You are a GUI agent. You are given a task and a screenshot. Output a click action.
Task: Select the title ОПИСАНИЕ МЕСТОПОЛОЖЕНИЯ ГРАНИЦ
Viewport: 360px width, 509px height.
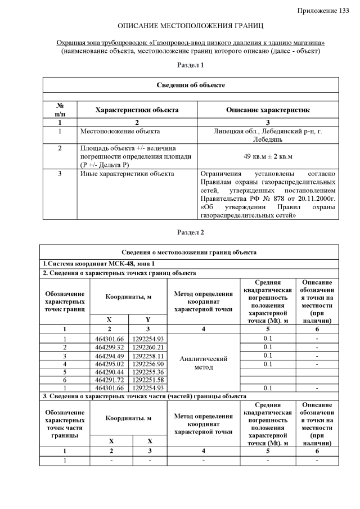click(x=191, y=26)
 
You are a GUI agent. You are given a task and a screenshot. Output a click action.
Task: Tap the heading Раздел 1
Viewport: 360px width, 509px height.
click(x=190, y=65)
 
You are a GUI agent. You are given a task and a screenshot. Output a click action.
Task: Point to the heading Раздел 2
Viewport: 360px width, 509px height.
click(x=190, y=232)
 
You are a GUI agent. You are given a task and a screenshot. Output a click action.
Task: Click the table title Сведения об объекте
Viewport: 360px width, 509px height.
click(x=190, y=84)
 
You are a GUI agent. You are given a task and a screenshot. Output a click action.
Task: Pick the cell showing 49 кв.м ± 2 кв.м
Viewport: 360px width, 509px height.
click(x=268, y=156)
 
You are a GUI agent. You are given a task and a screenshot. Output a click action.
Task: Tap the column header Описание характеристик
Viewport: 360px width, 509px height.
click(x=268, y=110)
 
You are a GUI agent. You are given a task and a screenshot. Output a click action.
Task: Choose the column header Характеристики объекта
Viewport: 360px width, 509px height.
click(x=137, y=110)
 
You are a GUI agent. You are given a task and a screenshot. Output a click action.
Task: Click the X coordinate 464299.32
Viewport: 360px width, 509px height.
click(x=109, y=347)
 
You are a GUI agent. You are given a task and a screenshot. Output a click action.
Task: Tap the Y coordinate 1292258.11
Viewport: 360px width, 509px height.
click(x=148, y=355)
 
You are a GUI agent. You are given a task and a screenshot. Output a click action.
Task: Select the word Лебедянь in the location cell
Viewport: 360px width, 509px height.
click(x=268, y=139)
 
